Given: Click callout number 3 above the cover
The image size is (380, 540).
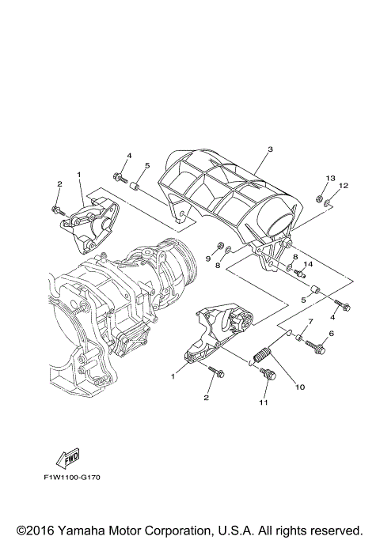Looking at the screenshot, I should (270, 149).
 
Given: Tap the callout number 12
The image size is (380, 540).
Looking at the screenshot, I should (343, 186).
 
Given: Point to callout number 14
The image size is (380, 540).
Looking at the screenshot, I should (309, 264).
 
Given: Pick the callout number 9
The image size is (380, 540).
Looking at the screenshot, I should (210, 259).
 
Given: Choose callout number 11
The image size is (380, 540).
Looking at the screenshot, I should (263, 402).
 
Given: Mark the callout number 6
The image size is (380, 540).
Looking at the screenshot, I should (331, 334).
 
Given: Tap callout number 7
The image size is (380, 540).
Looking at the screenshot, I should (310, 322).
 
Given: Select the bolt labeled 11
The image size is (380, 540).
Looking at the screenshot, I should (268, 374).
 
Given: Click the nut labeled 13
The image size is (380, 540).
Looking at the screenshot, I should (318, 198).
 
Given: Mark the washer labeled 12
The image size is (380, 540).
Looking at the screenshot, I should (328, 204).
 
